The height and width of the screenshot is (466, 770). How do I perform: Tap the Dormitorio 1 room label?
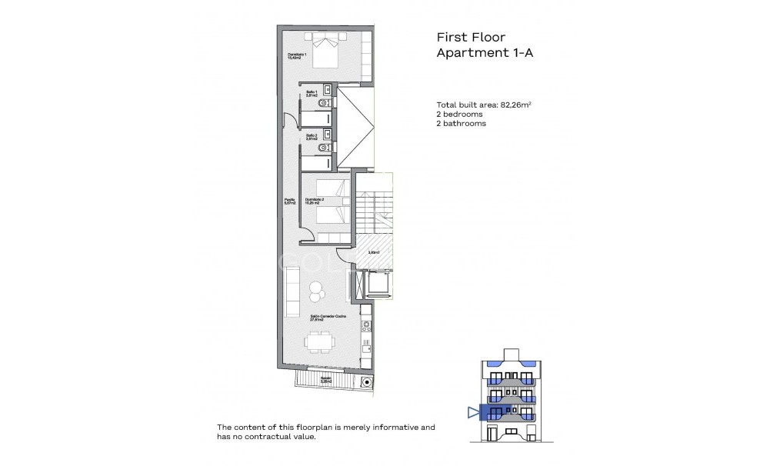coord(298,56)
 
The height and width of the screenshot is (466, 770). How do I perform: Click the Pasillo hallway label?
coord(290,201)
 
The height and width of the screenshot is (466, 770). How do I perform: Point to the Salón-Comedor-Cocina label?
coord(328,317)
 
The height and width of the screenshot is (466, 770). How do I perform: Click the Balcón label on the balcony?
coord(326,379)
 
